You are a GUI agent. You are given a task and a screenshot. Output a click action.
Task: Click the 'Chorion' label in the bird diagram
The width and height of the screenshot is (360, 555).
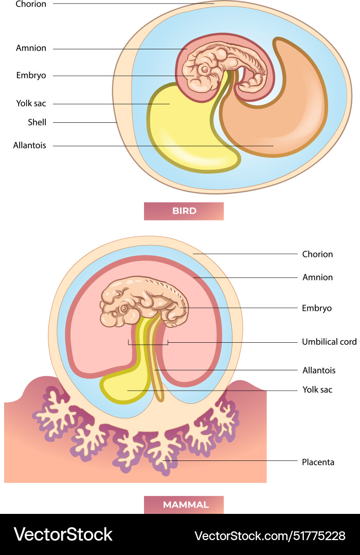(x=31, y=4)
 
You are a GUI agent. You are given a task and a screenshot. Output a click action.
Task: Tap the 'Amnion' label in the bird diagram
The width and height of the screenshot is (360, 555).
(x=31, y=48)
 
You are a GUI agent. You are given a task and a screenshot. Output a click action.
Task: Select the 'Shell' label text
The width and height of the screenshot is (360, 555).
(x=37, y=122)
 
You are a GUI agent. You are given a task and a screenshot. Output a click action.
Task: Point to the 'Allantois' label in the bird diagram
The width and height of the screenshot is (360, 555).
(x=30, y=145)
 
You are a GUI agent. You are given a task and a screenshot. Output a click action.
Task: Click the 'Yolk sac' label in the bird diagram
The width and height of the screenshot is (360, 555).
(x=31, y=103)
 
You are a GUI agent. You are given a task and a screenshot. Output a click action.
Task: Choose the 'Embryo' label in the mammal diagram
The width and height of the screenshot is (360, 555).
(x=317, y=308)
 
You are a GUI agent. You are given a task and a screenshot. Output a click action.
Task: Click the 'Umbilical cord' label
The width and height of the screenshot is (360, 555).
(x=329, y=342)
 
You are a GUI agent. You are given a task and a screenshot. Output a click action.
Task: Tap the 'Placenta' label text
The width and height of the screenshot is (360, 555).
(x=318, y=462)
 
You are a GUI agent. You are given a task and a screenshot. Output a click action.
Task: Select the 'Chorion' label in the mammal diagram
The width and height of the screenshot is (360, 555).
(x=317, y=254)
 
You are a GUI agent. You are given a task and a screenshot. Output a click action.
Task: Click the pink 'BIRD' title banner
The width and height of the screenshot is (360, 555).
(x=184, y=211)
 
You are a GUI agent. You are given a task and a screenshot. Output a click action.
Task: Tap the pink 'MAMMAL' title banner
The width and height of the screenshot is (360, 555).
(x=184, y=505)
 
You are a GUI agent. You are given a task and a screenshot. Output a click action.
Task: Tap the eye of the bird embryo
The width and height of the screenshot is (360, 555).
(x=205, y=69)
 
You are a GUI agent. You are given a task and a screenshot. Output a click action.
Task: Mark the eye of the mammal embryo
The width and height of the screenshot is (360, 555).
(x=124, y=308)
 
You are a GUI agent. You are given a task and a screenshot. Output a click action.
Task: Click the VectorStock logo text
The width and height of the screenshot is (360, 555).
(x=63, y=534)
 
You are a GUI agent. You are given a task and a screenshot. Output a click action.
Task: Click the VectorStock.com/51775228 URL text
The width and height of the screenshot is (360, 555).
(x=269, y=535)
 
